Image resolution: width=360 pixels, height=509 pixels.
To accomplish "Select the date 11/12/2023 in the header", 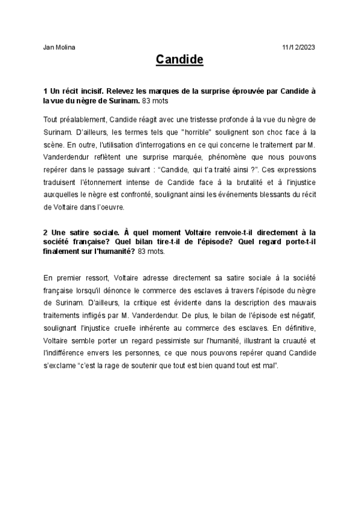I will pos(298,46).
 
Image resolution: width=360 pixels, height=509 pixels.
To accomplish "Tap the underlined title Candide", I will pos(179,60).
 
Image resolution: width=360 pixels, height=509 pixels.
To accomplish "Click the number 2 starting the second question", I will pos(46,230).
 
